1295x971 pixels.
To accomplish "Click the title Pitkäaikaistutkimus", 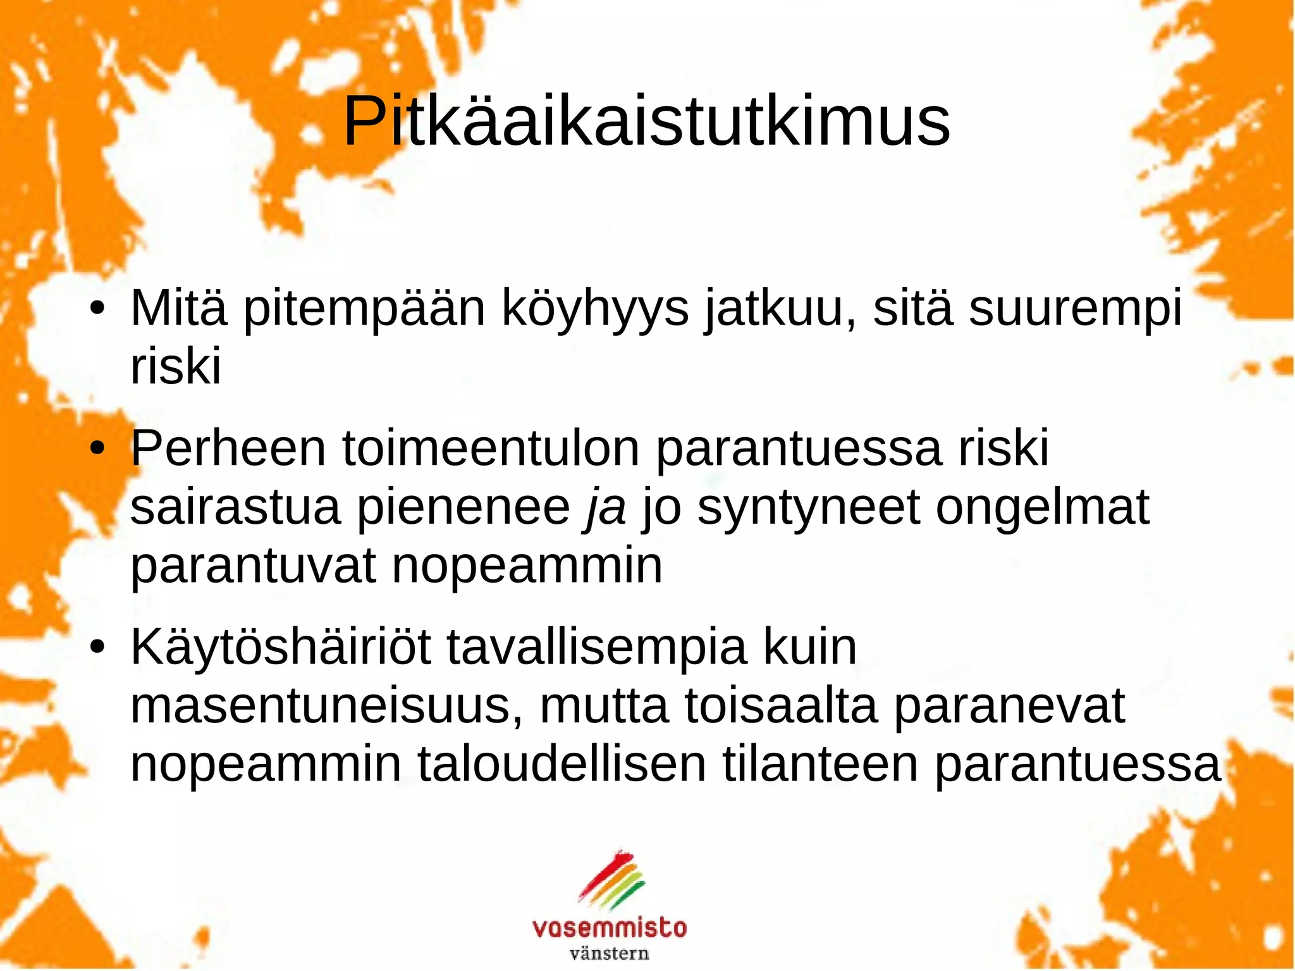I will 646,121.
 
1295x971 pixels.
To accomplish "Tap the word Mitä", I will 178,308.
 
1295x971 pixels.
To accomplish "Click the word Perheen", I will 228,448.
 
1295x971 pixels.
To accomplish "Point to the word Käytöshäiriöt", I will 281,647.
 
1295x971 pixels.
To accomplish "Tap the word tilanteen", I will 820,764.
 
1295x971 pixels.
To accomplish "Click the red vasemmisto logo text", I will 610,928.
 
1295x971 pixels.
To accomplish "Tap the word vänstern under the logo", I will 610,953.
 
